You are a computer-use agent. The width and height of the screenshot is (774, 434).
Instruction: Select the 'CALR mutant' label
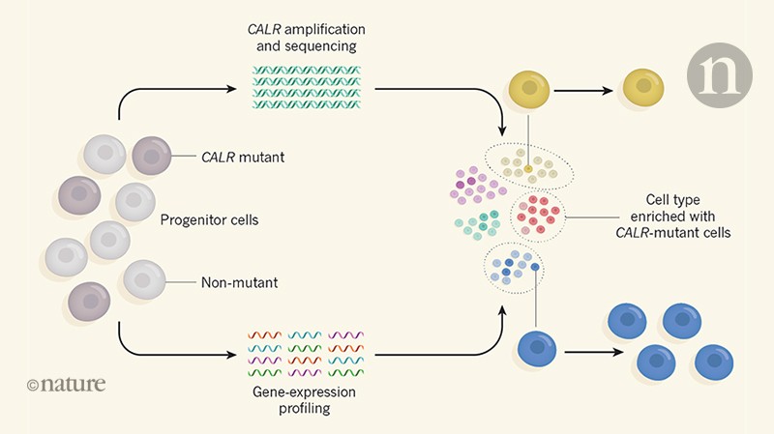(x=234, y=152)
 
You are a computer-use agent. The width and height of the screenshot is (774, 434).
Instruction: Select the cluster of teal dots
(x=479, y=223)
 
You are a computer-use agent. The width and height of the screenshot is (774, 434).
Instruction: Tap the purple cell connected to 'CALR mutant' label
(x=150, y=153)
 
